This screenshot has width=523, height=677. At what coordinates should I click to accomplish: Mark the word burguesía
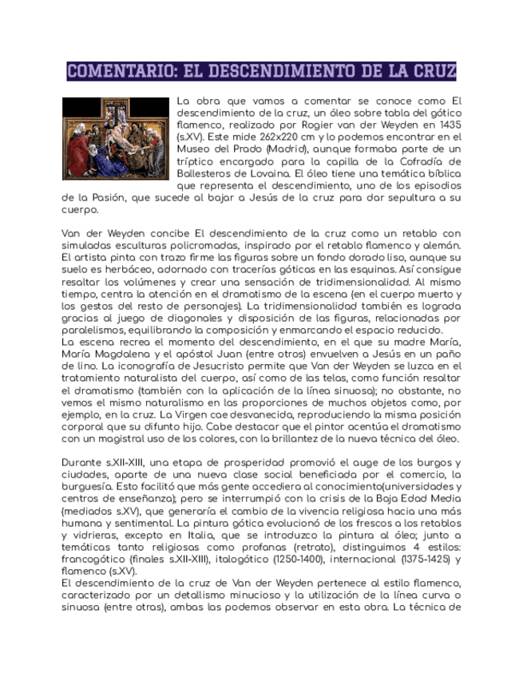[89, 485]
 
